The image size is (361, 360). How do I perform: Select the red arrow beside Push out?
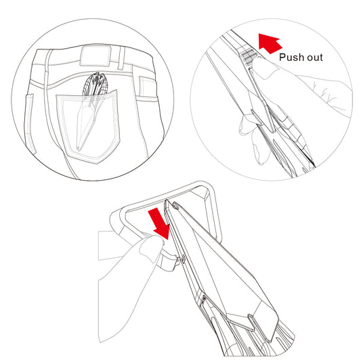click(270, 43)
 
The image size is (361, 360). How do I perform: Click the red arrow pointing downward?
click(160, 223)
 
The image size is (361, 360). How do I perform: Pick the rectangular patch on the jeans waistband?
click(95, 55)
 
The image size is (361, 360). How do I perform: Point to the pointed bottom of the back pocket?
click(98, 163)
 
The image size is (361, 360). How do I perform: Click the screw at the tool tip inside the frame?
click(175, 205)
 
